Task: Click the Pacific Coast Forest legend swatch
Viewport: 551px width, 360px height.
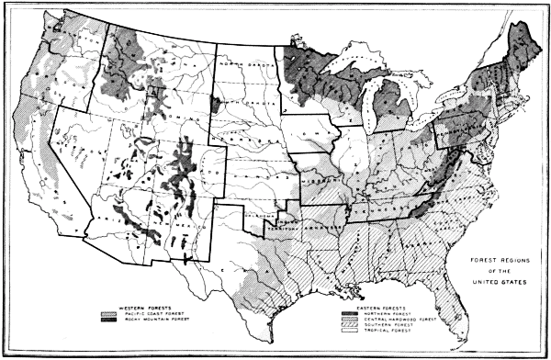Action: tap(111, 315)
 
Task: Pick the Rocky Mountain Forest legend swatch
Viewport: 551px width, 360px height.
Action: tap(111, 322)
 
